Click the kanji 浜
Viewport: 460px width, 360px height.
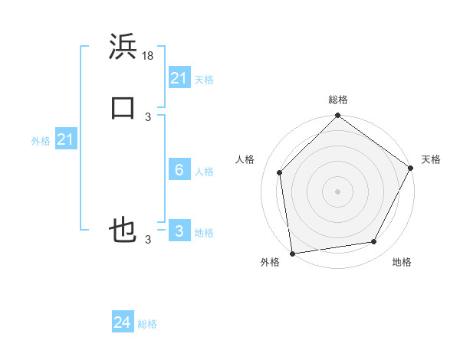click(x=123, y=47)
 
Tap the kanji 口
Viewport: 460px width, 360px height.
click(x=123, y=108)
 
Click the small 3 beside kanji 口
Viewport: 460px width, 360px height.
click(x=148, y=117)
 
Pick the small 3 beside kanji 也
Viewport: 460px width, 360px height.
click(x=148, y=240)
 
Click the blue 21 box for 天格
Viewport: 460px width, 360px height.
click(x=179, y=78)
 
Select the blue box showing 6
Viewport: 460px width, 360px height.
click(x=179, y=170)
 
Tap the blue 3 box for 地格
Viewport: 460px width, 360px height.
click(x=179, y=231)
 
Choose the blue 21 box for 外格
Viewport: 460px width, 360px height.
click(x=65, y=139)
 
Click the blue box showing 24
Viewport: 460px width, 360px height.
click(x=123, y=322)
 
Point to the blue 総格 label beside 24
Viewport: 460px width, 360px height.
click(x=147, y=324)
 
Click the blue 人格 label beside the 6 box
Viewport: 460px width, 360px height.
click(x=205, y=172)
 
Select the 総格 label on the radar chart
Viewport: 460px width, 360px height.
click(x=337, y=100)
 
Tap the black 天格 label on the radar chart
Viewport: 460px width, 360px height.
click(x=431, y=159)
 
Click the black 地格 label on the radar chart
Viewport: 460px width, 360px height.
click(x=402, y=263)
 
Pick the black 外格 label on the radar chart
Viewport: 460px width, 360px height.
click(x=270, y=263)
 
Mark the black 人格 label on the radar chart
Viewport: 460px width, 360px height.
click(x=245, y=159)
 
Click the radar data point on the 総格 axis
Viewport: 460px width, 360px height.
click(x=337, y=116)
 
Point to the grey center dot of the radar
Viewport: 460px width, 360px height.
click(x=337, y=191)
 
